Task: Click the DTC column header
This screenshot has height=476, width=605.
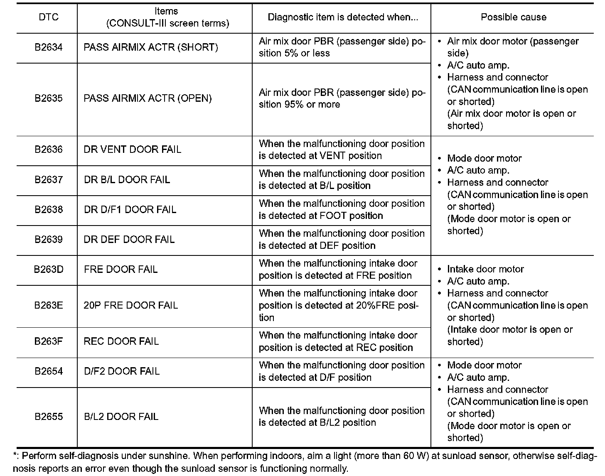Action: click(x=49, y=17)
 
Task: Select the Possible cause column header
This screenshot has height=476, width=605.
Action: click(x=513, y=17)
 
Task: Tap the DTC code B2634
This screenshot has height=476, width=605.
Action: click(x=49, y=47)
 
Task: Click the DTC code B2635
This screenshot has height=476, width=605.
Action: click(x=49, y=98)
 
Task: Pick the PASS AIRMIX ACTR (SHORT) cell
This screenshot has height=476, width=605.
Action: click(x=151, y=47)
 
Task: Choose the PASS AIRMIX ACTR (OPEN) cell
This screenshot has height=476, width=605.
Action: click(x=148, y=98)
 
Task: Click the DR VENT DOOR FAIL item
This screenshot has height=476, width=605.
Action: click(x=133, y=150)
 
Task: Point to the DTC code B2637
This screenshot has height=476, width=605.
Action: click(x=49, y=180)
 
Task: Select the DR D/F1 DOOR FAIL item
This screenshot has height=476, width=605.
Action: click(x=130, y=210)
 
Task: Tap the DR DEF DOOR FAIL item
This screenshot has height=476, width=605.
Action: click(x=129, y=240)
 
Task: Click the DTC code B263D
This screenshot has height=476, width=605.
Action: click(x=49, y=270)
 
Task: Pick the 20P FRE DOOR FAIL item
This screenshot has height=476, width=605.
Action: click(x=130, y=306)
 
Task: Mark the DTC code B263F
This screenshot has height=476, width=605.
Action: click(x=49, y=341)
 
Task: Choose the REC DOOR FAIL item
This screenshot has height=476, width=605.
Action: click(x=121, y=341)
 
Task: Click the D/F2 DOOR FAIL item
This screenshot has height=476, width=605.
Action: click(x=122, y=371)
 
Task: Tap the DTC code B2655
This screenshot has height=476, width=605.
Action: click(x=49, y=417)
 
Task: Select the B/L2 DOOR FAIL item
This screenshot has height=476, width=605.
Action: click(x=121, y=417)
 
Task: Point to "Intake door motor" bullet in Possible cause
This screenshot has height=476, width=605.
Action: click(x=485, y=269)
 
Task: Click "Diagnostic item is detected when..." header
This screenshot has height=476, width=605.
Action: click(x=343, y=17)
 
